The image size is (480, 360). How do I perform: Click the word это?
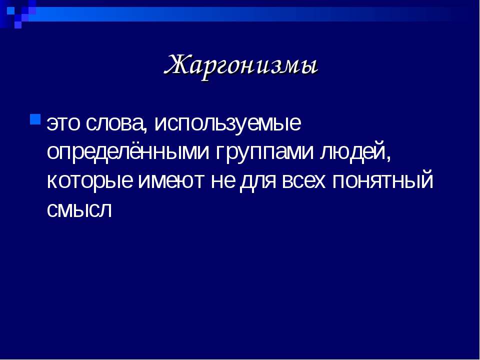click(63, 123)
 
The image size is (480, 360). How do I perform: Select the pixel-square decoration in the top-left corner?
click(18, 12)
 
